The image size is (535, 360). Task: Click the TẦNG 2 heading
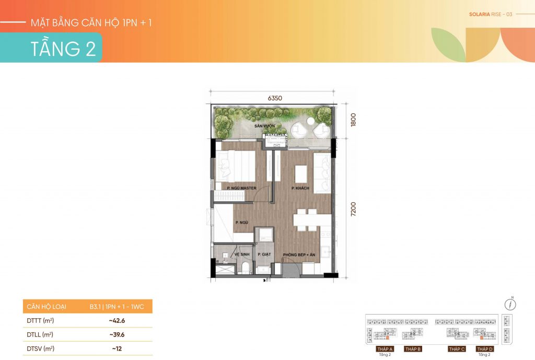[x=63, y=48]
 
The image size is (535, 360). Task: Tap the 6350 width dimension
[x=274, y=98]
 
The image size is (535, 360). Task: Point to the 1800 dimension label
[x=353, y=121]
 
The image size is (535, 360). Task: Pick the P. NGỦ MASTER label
[x=240, y=187]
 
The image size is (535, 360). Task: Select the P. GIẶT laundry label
[x=263, y=254]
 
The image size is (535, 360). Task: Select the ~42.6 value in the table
[x=117, y=320]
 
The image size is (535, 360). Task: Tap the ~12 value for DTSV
[x=117, y=348]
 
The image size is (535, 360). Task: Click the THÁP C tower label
[x=456, y=349]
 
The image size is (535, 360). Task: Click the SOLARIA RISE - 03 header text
[x=483, y=14]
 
